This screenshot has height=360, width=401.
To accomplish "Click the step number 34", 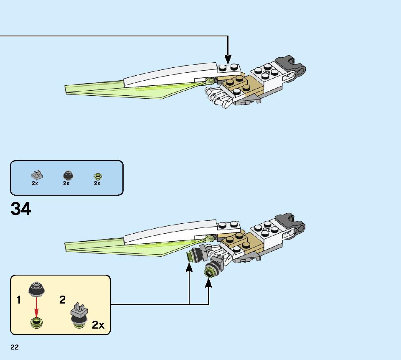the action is [x=21, y=209].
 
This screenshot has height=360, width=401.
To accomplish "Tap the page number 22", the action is [x=15, y=347].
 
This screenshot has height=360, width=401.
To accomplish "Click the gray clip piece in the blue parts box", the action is [x=37, y=175].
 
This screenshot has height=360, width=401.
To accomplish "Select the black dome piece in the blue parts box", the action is [x=68, y=175].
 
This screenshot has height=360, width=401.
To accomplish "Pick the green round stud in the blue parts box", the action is [x=98, y=176].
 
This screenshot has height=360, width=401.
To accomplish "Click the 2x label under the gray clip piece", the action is [x=35, y=183].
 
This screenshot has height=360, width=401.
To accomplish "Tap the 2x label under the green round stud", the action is [x=97, y=183].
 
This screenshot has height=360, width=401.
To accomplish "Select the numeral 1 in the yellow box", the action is [x=19, y=300].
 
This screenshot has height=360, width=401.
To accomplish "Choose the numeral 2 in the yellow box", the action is [x=62, y=299].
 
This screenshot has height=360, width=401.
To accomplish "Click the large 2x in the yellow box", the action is [x=98, y=325].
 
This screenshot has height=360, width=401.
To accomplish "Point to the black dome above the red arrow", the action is [x=37, y=289].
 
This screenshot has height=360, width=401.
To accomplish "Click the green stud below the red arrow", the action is [x=37, y=323].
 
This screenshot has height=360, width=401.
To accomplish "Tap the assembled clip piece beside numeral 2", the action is [x=79, y=315].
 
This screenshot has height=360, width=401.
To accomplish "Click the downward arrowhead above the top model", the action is [x=228, y=59].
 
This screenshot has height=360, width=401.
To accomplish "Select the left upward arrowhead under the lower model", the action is [x=189, y=268].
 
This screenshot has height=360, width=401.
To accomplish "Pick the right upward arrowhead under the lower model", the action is [x=209, y=283].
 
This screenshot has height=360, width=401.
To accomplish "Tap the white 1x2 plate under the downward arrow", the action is [x=229, y=69].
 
